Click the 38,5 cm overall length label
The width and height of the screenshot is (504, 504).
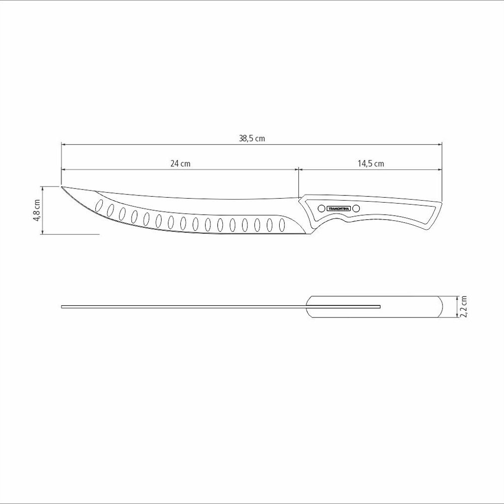[x=252, y=139]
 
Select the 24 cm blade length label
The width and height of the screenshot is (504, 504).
[x=180, y=164]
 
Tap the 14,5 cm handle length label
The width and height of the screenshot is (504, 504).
[x=371, y=164]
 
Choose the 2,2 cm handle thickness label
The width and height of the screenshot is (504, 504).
[x=463, y=306]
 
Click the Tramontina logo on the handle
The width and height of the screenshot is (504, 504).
[x=339, y=209]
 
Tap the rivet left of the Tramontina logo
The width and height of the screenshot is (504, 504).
[x=322, y=209]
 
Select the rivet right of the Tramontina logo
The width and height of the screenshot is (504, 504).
[x=356, y=209]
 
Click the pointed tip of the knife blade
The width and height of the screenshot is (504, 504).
[x=61, y=186]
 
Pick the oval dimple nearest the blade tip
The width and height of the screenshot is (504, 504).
[x=99, y=205]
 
